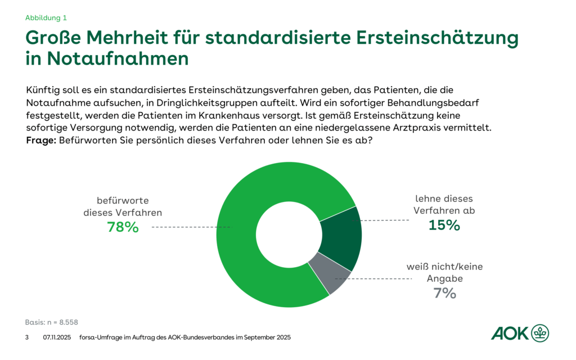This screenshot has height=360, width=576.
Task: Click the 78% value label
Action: pos(123,227)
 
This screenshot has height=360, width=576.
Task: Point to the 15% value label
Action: pos(444,226)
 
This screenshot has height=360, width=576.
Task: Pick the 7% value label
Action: pos(444,293)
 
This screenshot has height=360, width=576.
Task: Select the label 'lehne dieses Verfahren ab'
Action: pos(444,205)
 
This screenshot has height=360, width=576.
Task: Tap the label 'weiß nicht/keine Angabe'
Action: pos(444,272)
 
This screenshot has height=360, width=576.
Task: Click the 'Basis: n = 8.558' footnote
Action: pos(52,322)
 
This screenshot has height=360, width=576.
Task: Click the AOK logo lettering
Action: pos(510,333)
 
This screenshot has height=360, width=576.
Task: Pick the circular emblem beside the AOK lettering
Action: pos(541,332)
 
